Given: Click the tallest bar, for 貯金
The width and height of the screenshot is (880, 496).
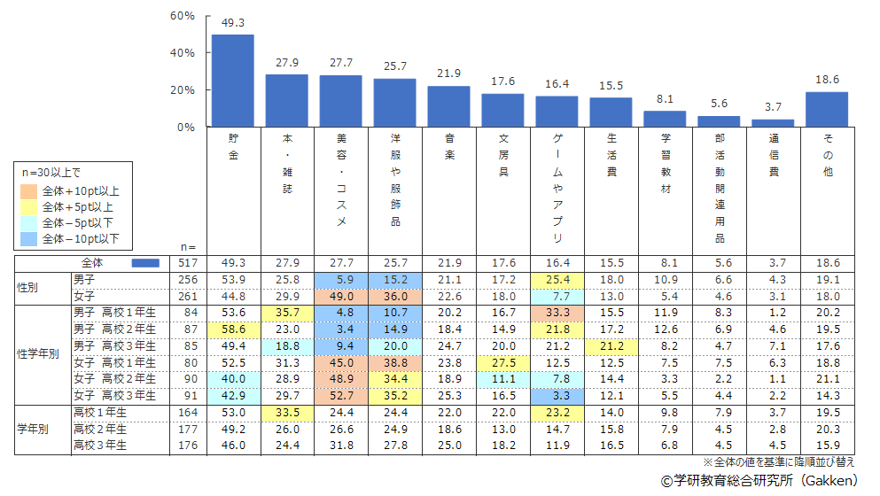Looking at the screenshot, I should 232,81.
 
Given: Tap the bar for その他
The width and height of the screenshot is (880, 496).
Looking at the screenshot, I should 826,109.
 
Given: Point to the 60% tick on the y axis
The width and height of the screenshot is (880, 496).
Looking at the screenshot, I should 183,16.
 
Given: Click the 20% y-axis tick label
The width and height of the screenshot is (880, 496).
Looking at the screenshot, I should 183,90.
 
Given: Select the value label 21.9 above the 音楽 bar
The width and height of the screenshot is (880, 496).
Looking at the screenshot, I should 448,73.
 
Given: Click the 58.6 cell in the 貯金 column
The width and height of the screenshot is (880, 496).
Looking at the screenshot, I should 232,328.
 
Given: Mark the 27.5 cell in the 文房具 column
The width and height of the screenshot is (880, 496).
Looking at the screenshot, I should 502,362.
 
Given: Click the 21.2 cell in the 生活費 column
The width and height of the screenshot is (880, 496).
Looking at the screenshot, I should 611,345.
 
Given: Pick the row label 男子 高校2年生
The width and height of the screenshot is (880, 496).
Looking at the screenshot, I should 115,328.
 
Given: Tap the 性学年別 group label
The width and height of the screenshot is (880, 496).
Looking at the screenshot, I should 38,353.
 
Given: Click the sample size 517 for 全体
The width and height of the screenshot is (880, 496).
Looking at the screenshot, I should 187,263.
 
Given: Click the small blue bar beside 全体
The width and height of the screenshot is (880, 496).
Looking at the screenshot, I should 145,263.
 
